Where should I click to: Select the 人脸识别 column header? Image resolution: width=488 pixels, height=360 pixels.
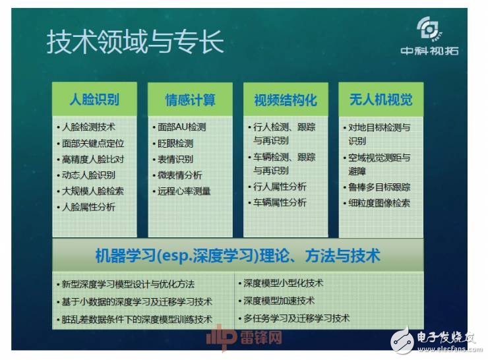tap(94, 100)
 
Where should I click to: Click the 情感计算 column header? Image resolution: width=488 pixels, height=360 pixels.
tap(190, 100)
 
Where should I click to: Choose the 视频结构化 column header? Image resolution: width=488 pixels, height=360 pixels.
tap(286, 100)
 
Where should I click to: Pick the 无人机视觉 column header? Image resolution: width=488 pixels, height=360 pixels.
tap(381, 100)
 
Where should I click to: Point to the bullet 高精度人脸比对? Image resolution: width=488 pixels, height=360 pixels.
tap(92, 159)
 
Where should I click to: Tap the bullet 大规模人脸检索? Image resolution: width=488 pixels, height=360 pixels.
tap(92, 191)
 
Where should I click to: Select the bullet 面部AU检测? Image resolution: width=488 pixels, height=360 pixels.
tap(181, 127)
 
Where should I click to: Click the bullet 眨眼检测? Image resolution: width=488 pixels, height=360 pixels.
tap(175, 143)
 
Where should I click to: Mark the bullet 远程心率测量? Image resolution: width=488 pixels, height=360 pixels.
tap(184, 191)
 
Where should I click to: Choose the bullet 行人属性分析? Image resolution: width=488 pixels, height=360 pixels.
tap(280, 187)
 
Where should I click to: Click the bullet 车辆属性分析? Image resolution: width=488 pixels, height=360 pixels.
tap(280, 202)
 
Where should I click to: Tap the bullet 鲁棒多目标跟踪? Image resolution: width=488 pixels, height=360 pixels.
tap(379, 187)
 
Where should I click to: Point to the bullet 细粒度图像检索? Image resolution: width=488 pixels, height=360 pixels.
tap(379, 203)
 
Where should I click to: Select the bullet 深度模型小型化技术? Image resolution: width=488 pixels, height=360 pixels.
tap(284, 284)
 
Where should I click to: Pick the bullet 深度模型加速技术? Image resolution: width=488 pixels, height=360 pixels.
tap(279, 301)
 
